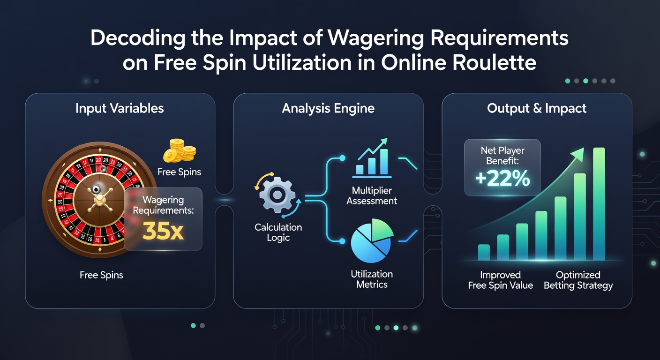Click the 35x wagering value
click(x=163, y=231)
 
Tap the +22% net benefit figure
click(x=502, y=179)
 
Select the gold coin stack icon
click(x=180, y=150)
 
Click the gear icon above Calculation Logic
click(x=277, y=195)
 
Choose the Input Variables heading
click(x=120, y=108)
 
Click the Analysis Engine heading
click(x=328, y=108)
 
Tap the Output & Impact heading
click(x=537, y=108)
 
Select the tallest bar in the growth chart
click(x=599, y=204)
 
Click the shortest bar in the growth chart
click(x=484, y=253)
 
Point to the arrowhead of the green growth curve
click(x=578, y=154)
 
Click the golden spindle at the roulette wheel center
click(x=100, y=200)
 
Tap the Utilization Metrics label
click(x=372, y=279)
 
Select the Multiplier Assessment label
click(x=372, y=195)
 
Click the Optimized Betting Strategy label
click(x=578, y=280)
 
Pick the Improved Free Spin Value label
click(x=500, y=280)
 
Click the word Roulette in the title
click(x=495, y=62)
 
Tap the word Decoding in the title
click(x=138, y=38)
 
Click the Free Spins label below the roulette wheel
click(x=101, y=275)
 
